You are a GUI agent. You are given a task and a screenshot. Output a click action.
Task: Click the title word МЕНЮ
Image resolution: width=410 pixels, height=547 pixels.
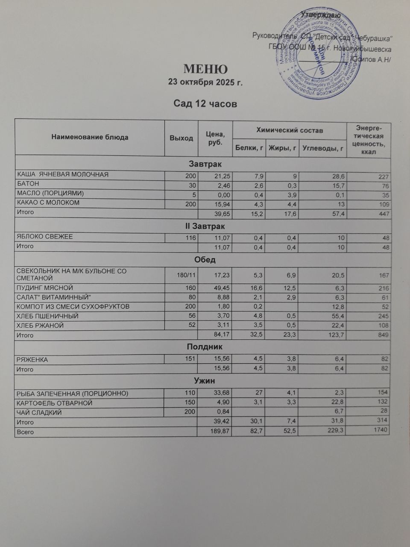[205, 69]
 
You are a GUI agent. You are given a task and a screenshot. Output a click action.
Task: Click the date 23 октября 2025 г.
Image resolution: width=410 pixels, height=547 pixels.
[205, 82]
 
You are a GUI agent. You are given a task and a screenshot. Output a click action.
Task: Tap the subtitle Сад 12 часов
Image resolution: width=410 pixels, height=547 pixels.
[205, 104]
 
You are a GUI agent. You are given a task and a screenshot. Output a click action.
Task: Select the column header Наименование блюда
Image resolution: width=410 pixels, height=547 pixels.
[90, 138]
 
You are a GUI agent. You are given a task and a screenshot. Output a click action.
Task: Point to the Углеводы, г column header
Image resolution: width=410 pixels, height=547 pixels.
[323, 148]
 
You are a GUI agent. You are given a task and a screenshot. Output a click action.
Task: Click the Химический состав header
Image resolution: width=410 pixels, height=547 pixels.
[289, 130]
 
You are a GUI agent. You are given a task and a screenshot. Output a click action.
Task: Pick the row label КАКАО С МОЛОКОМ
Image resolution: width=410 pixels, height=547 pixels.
[48, 203]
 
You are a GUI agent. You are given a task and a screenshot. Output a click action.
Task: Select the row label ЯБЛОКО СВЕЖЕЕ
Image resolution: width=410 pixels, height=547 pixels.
[45, 237]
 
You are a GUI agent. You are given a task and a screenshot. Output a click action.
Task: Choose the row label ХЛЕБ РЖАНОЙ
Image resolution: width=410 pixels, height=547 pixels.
[40, 326]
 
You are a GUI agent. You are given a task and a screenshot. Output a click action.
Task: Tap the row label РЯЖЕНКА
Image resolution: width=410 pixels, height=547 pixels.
[32, 360]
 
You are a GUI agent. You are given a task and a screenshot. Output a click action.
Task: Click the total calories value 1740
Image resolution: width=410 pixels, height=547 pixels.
[381, 430]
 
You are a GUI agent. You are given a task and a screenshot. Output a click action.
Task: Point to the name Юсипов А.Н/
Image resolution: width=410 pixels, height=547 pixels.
[370, 59]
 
